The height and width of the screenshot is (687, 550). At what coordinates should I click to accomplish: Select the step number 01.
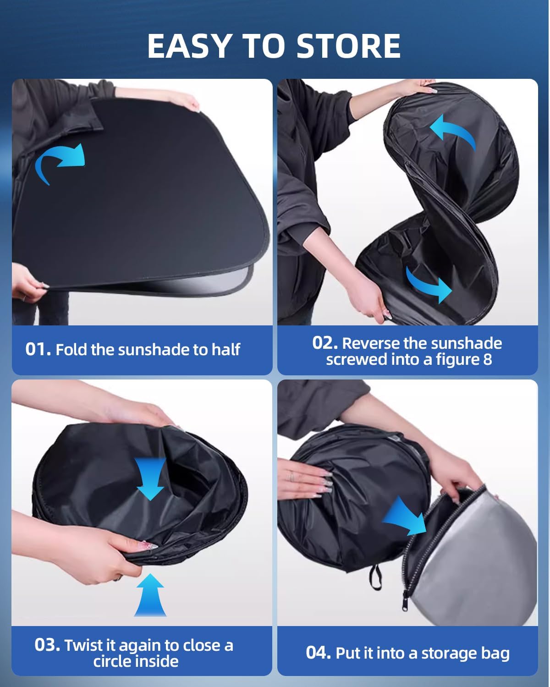[x=38, y=349]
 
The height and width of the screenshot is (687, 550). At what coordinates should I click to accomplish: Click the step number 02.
[x=325, y=343]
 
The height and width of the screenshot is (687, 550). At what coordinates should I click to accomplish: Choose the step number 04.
[x=318, y=653]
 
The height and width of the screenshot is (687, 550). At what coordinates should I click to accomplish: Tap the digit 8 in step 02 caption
[x=487, y=359]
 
